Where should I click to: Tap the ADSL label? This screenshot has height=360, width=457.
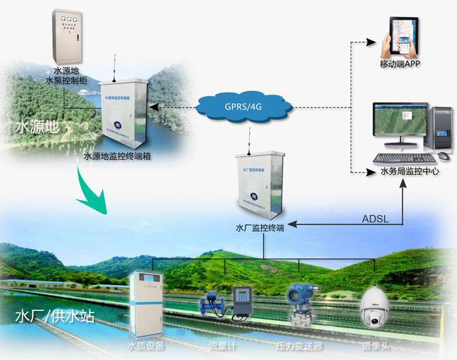tap(375, 218)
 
